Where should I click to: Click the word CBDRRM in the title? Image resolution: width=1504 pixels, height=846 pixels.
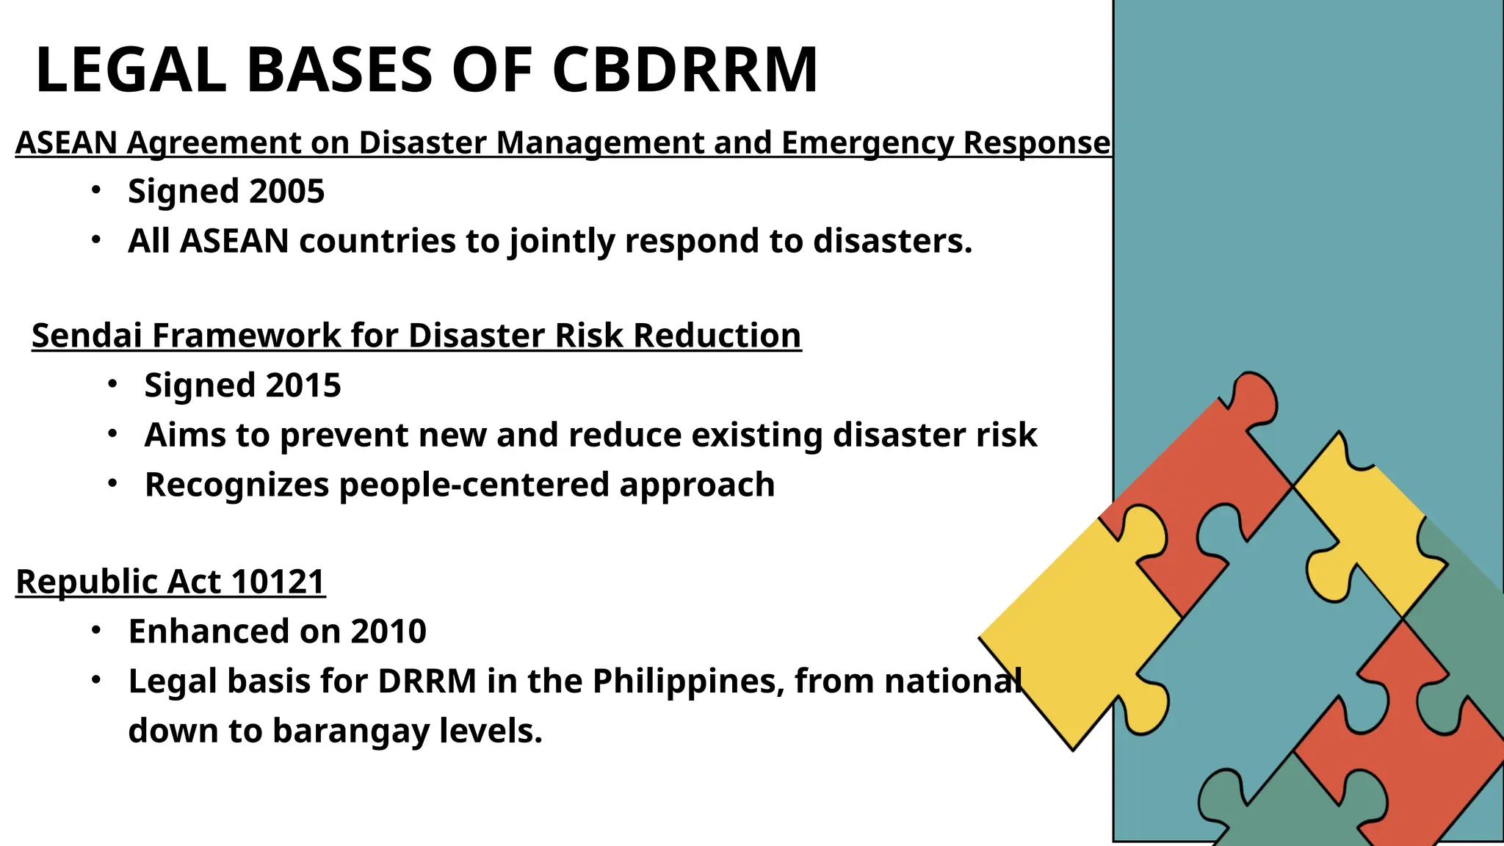(x=684, y=70)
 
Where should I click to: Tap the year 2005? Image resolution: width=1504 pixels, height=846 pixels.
(x=286, y=191)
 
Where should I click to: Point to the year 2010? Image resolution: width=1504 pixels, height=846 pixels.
(x=388, y=632)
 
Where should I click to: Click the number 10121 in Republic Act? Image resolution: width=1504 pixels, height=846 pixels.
(x=277, y=582)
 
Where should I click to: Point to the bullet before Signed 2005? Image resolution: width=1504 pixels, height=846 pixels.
(x=95, y=190)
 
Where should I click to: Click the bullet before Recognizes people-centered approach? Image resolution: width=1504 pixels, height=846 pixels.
(x=112, y=484)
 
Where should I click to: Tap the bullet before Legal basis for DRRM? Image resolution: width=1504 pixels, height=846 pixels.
(x=95, y=681)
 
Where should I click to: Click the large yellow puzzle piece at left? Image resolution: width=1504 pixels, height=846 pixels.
(x=1072, y=632)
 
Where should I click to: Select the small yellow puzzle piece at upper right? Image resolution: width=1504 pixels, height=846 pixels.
(x=1366, y=529)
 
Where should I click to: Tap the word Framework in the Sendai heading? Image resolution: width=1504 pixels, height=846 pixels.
(x=247, y=336)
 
